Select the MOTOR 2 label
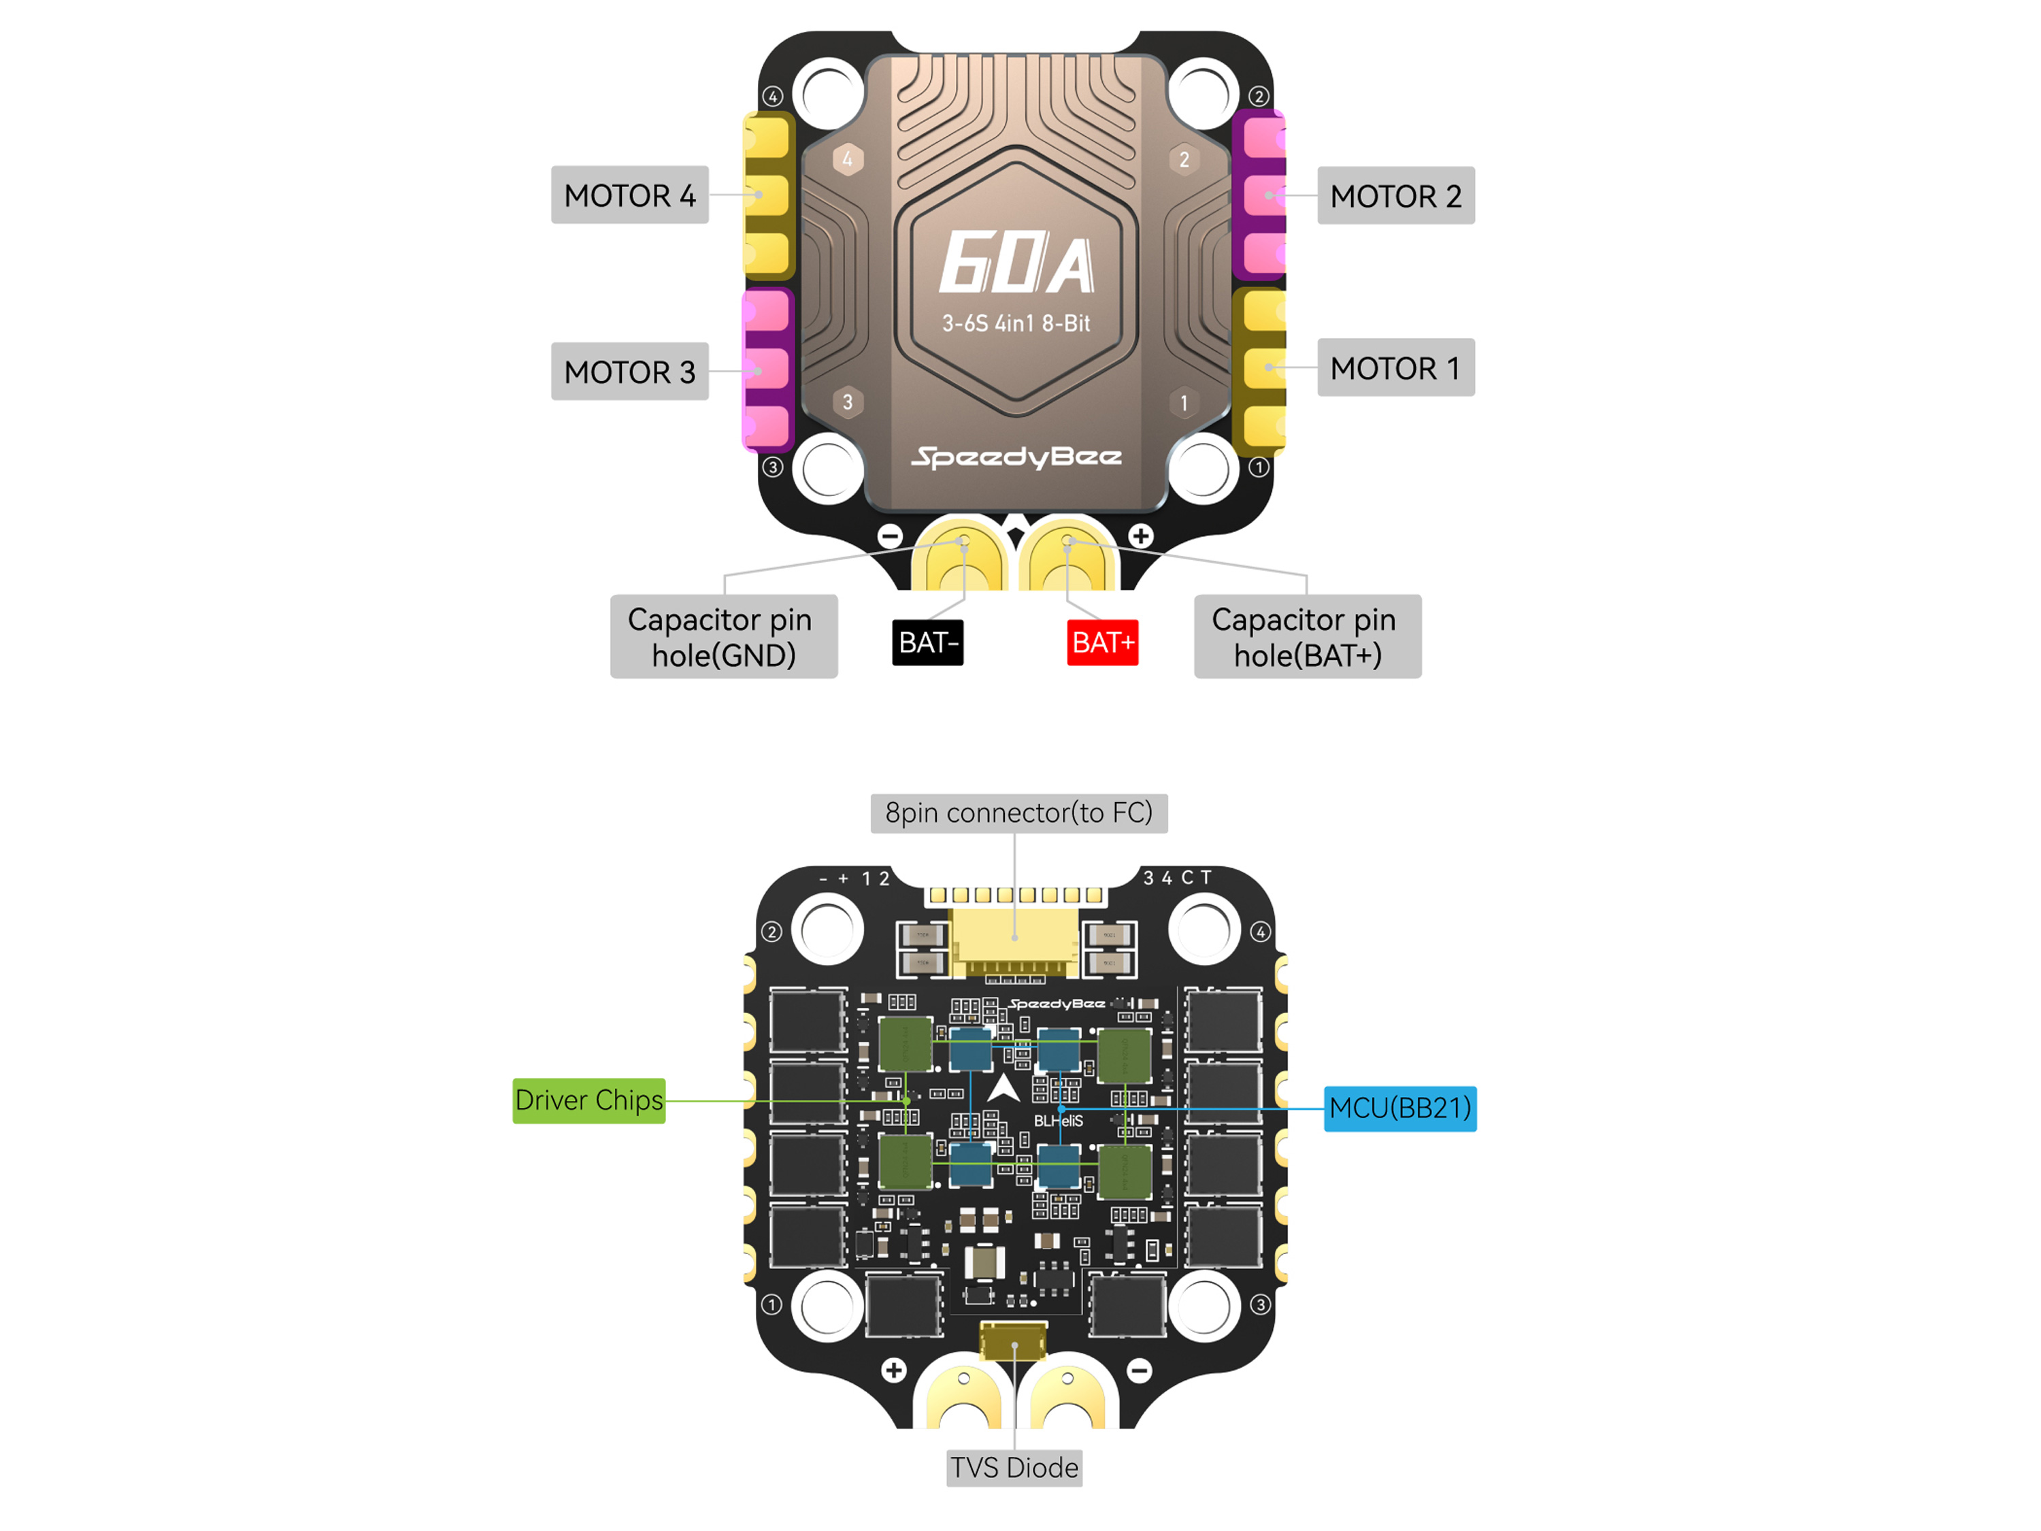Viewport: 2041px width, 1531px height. pyautogui.click(x=1395, y=196)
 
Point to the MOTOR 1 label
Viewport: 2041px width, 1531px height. pyautogui.click(x=1395, y=367)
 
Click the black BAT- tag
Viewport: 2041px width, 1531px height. pyautogui.click(x=927, y=642)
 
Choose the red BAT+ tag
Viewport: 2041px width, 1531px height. pyautogui.click(x=1103, y=642)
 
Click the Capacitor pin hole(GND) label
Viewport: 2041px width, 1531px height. pyautogui.click(x=723, y=637)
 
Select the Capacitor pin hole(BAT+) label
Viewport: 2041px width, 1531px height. pyautogui.click(x=1308, y=637)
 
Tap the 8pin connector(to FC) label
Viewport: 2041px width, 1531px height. pyautogui.click(x=1018, y=813)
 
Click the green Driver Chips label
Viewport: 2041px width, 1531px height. pyautogui.click(x=588, y=1100)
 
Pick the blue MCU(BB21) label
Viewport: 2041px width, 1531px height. pyautogui.click(x=1399, y=1107)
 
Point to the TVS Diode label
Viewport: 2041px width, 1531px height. pyautogui.click(x=1014, y=1467)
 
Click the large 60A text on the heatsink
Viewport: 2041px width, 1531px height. pyautogui.click(x=1016, y=263)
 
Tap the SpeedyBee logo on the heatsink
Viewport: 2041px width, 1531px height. pyautogui.click(x=1016, y=457)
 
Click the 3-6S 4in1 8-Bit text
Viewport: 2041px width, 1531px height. pyautogui.click(x=1016, y=324)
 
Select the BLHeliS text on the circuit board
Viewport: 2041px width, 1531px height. pyautogui.click(x=1059, y=1120)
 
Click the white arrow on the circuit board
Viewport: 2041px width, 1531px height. pyautogui.click(x=1003, y=1088)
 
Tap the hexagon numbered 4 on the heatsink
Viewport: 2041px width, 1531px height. pyautogui.click(x=847, y=159)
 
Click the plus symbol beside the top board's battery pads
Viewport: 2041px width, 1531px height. pyautogui.click(x=1140, y=536)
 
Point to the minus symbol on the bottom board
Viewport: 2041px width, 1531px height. pyautogui.click(x=1140, y=1370)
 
